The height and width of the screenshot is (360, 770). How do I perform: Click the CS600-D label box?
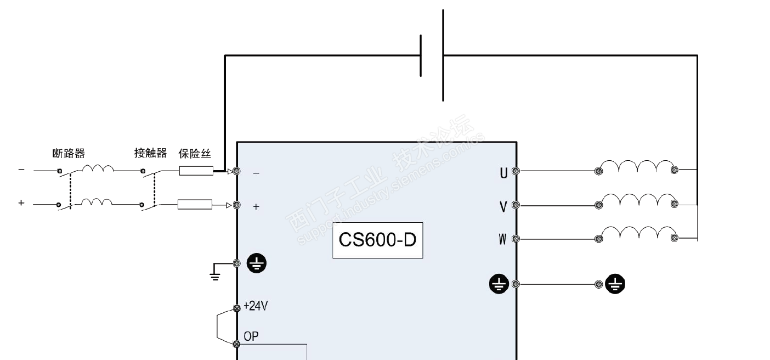pos(378,240)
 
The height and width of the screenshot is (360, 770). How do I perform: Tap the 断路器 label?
pos(69,153)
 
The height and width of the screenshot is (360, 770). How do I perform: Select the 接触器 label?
pos(151,153)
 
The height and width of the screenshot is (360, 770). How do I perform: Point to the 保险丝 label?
pos(195,153)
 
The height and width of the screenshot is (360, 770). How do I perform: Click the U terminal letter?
pos(503,173)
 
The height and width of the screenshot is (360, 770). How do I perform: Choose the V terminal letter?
pos(503,207)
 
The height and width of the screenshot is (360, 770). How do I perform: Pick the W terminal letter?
pos(503,239)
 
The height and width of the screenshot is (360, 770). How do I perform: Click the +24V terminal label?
pos(256,306)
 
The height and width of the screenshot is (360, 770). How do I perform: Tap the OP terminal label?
pos(251,336)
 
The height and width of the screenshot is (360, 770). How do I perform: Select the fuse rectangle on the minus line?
pos(196,171)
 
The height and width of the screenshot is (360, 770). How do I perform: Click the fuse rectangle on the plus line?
pos(195,204)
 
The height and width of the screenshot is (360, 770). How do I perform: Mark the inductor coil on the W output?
pos(638,233)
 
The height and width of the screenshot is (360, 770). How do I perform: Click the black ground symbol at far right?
pos(615,284)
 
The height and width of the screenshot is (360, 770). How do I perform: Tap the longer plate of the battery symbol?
pos(443,55)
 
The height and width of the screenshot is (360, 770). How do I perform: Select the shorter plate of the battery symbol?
pos(421,55)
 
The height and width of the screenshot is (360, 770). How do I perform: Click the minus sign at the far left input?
pos(21,170)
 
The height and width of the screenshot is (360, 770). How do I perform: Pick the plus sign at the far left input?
pos(21,203)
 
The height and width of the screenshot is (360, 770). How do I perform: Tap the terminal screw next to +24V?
pos(237,308)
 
